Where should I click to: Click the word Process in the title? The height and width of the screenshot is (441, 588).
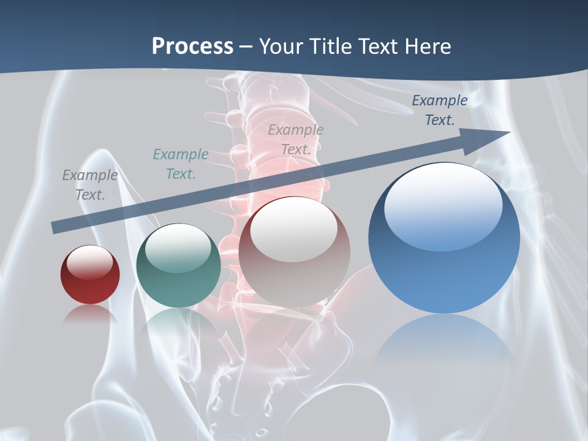[x=192, y=47]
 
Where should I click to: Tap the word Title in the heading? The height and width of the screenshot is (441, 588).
[x=331, y=47]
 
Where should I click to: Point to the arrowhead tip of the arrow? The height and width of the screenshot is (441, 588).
[x=508, y=132]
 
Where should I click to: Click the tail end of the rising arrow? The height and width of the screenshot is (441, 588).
[x=54, y=228]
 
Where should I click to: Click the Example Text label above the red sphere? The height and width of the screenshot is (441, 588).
[x=90, y=184]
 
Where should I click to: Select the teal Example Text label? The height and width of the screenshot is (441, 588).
[x=180, y=164]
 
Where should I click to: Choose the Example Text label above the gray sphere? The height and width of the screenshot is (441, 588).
[x=295, y=139]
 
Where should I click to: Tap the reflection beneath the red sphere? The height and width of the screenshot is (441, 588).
[x=90, y=314]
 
